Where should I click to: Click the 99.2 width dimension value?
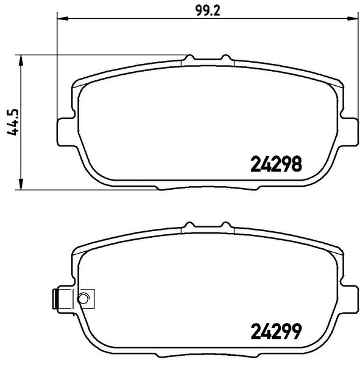click(x=208, y=10)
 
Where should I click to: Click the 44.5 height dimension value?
click(x=13, y=122)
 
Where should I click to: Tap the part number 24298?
click(x=276, y=164)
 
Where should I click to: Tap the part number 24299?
click(x=276, y=332)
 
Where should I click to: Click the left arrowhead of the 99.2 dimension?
click(x=63, y=18)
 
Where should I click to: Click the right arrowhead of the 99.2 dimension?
click(x=352, y=18)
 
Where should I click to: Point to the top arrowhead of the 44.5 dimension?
click(x=21, y=60)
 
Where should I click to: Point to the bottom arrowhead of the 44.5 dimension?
click(x=21, y=184)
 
